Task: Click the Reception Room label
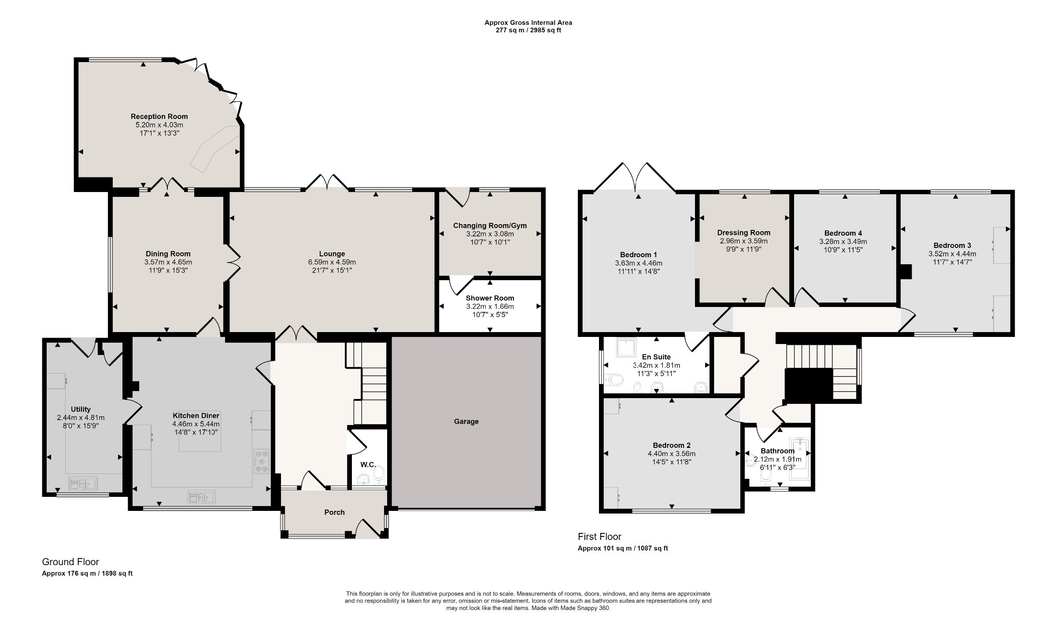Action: (159, 117)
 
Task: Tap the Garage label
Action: (466, 421)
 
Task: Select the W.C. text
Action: (368, 465)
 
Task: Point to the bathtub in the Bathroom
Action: (798, 460)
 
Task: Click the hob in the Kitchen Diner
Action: (262, 462)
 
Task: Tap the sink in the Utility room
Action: (83, 484)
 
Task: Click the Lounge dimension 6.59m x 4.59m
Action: (332, 262)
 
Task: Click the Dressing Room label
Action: (743, 233)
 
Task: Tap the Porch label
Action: (334, 512)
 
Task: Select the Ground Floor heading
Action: (70, 562)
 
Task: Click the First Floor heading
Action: (599, 536)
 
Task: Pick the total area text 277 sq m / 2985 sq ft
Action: (528, 30)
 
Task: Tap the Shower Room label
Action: (490, 298)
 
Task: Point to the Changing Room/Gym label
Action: (490, 225)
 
